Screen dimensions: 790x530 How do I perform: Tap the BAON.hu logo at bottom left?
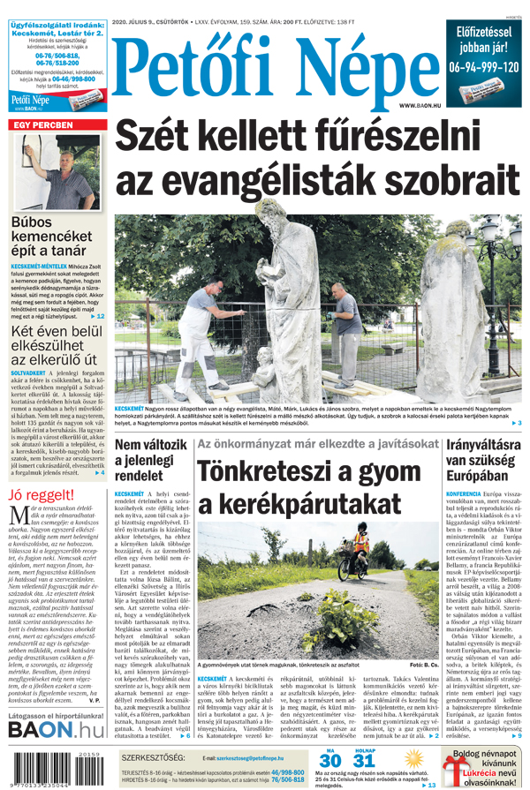coord(55,730)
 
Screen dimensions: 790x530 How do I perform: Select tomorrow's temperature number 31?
coord(363,761)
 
